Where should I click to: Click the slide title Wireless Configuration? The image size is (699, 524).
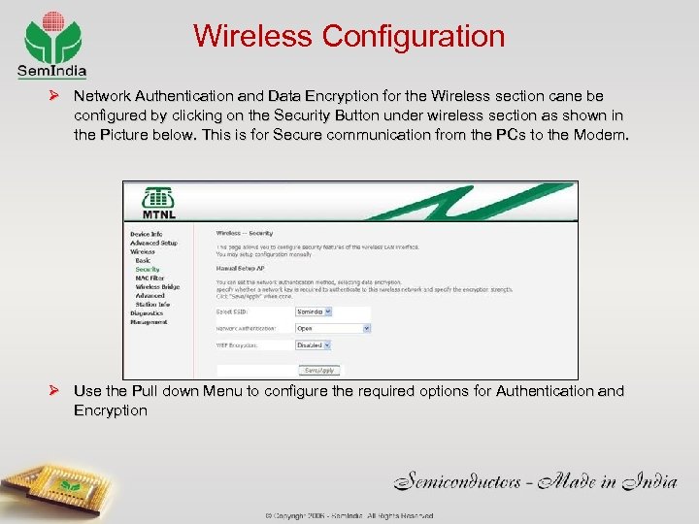349,37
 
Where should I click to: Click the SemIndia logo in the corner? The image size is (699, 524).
51,45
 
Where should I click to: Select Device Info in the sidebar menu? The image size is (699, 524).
146,234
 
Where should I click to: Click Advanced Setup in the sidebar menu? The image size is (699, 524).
153,243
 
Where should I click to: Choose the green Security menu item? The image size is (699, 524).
148,269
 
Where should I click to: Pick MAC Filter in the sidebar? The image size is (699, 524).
151,278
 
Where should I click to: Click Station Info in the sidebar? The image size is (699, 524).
152,304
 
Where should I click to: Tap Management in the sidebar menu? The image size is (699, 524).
149,321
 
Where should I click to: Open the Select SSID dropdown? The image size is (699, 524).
314,311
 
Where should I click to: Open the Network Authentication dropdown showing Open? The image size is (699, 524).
332,328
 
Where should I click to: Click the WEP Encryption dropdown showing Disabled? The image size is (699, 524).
314,344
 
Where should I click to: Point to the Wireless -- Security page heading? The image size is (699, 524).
244,234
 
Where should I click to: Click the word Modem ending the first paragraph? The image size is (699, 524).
602,136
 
